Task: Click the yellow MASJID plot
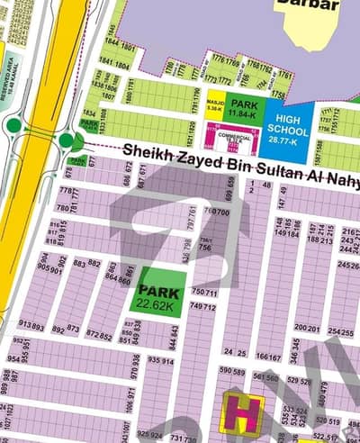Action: tap(215, 106)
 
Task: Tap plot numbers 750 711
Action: tap(205, 293)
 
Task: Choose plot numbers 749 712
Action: tap(203, 307)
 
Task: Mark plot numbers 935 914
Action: tap(161, 360)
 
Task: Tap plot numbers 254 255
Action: tap(340, 332)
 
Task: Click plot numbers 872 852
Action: tap(99, 336)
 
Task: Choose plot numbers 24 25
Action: tap(236, 352)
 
